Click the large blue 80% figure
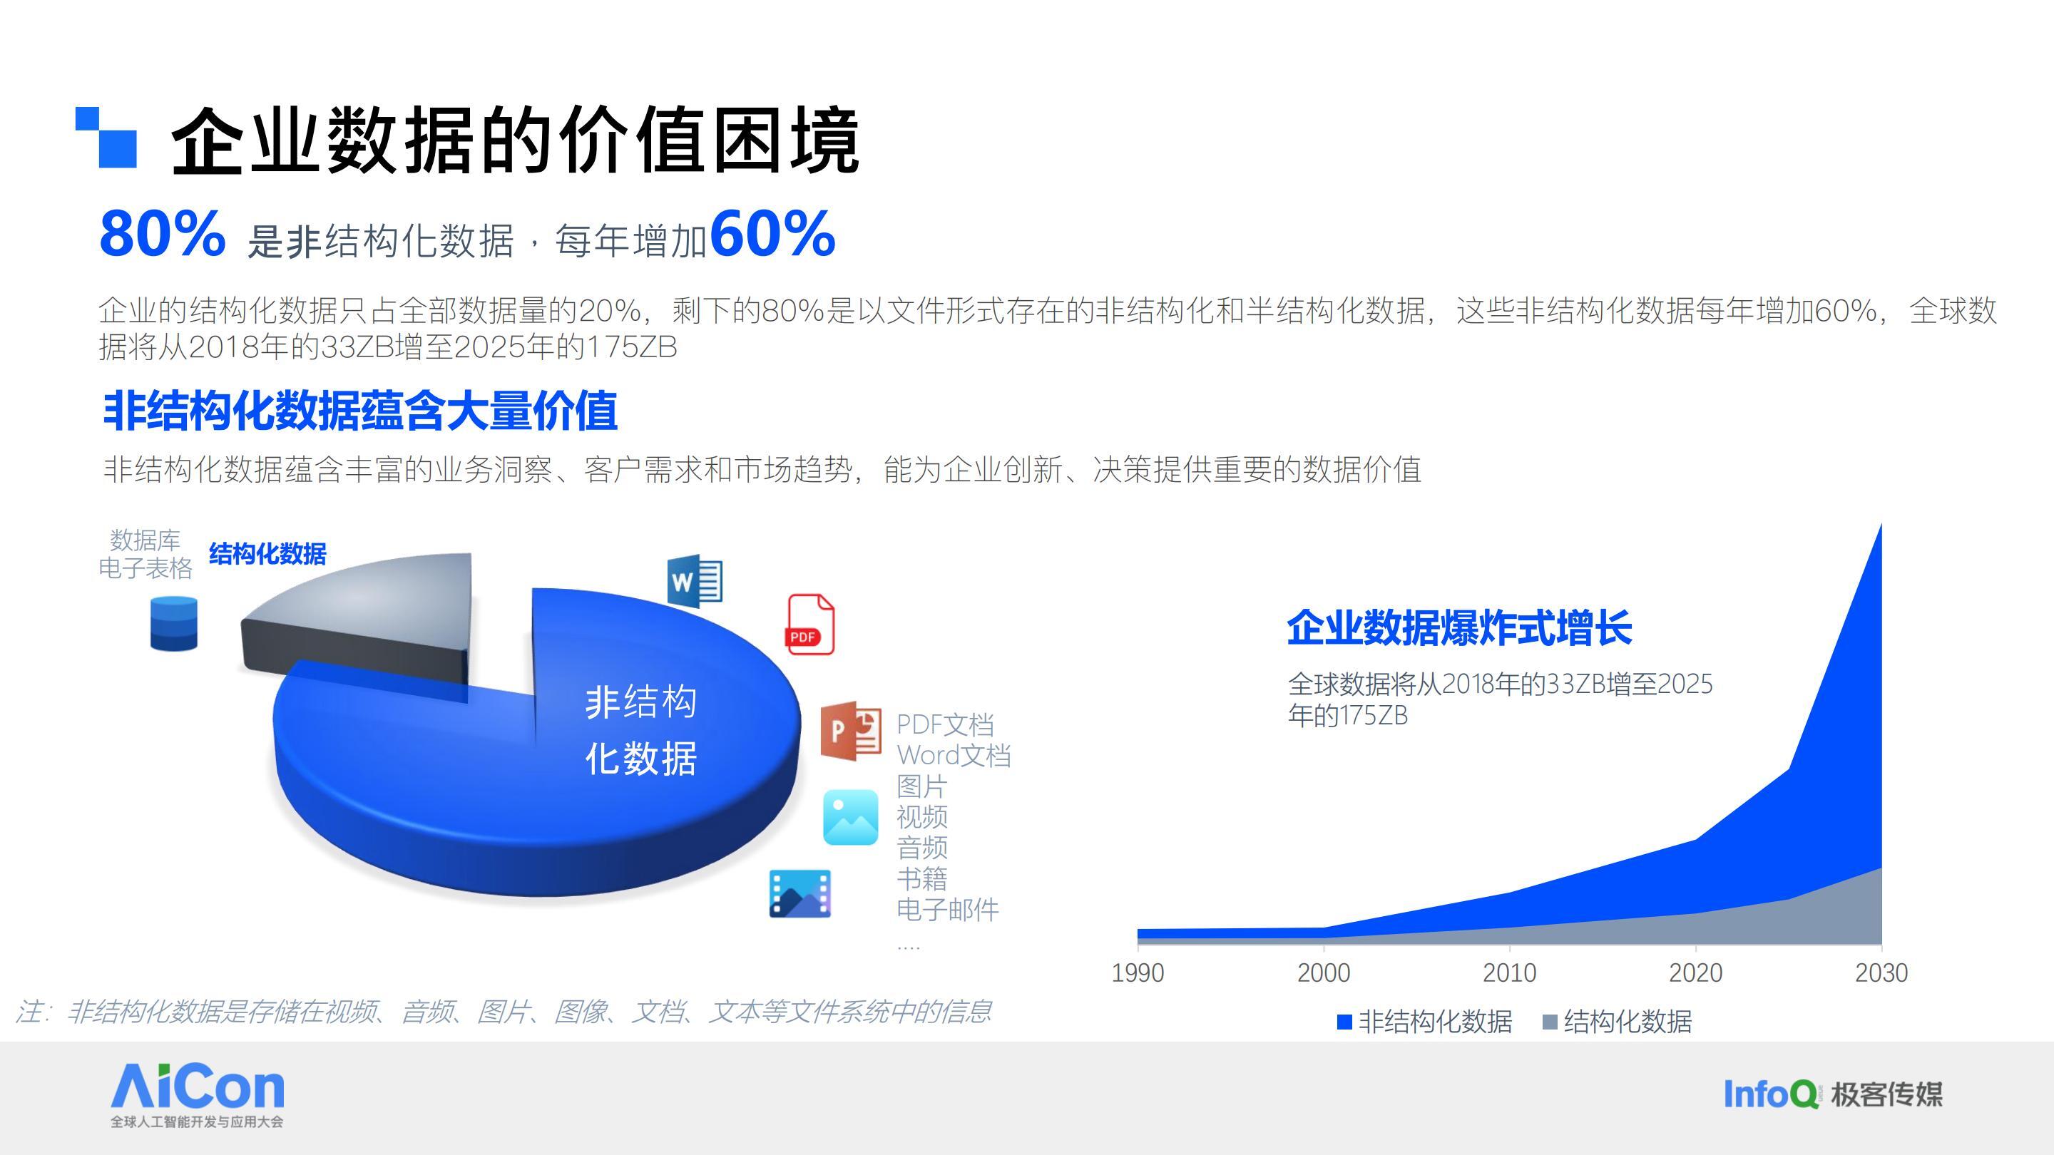click(162, 234)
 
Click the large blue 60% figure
click(772, 234)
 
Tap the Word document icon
click(695, 580)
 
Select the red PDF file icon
click(811, 624)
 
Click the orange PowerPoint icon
click(851, 730)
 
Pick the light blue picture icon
click(851, 817)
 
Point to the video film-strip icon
click(799, 893)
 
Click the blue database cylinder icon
click(174, 623)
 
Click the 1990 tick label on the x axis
click(1138, 972)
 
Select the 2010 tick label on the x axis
click(1509, 972)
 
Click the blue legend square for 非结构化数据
click(1344, 1022)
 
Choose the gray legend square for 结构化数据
click(1550, 1022)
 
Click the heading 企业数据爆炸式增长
click(1459, 627)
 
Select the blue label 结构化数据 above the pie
click(268, 554)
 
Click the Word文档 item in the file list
click(954, 755)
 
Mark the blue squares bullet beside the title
click(106, 137)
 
